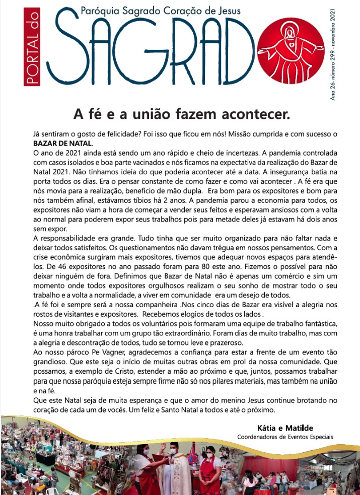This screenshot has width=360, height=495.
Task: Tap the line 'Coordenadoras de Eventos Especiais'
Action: pos(285,437)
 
